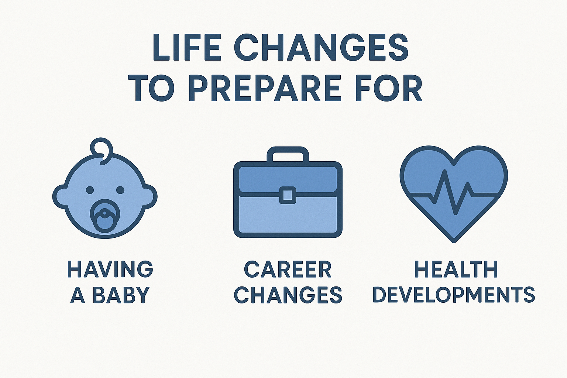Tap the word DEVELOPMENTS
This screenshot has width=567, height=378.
point(454,295)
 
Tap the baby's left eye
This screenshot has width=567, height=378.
point(90,190)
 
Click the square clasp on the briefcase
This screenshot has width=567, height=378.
point(288,195)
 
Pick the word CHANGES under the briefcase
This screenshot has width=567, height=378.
point(288,295)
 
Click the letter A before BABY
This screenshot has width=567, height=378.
point(78,295)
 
